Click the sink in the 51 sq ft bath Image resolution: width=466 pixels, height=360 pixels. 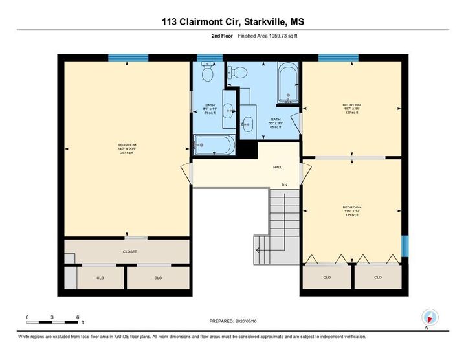coord(228,111)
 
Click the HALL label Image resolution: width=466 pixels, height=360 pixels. coord(277,167)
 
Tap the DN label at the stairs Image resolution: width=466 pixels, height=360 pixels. coord(283,185)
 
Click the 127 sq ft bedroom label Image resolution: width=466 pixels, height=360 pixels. coord(352,108)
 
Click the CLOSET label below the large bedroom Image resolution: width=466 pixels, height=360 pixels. coord(129,251)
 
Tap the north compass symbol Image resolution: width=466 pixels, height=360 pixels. coord(430,318)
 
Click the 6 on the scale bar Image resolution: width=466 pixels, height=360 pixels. coord(78,317)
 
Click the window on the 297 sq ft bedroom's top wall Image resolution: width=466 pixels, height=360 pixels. coord(128,58)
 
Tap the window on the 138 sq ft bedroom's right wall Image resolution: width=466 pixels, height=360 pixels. coord(405,246)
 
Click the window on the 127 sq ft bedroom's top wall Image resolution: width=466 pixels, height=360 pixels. coord(338,58)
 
